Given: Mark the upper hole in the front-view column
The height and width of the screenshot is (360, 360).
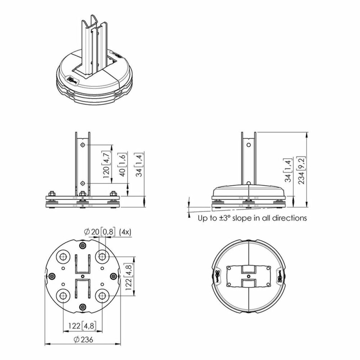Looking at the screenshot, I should pos(83,145).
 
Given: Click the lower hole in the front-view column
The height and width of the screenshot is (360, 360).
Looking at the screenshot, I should pos(83,183).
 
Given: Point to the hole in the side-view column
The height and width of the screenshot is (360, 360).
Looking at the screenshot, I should pos(248,145).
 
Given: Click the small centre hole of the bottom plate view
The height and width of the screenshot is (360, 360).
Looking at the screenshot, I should pos(83,276).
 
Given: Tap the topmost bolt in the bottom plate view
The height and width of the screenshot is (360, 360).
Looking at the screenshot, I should pos(83,246).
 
